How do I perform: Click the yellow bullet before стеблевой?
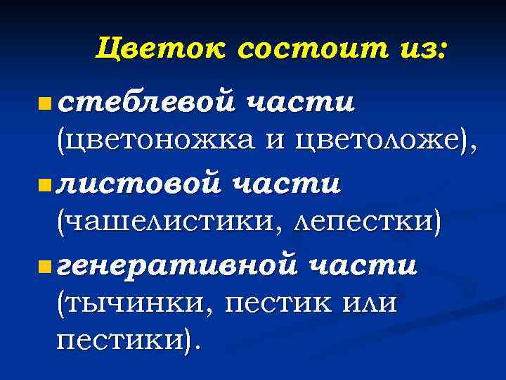click(44, 106)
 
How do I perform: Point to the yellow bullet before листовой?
click(44, 186)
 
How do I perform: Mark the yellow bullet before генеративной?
click(44, 267)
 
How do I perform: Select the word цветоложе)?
click(383, 143)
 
